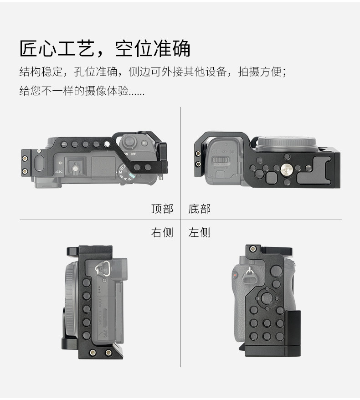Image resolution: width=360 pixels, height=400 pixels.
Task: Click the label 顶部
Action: coord(162,209)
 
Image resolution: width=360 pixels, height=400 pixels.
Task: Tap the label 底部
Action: coord(200,209)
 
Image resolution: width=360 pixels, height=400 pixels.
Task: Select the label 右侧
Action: coord(162,232)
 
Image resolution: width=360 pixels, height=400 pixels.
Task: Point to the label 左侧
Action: coord(200,232)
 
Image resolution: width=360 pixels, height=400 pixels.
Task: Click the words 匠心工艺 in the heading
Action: coord(57,48)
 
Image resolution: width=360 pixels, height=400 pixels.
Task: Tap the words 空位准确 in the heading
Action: coord(153,48)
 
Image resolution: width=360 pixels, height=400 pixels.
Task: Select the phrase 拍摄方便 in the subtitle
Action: coord(260,72)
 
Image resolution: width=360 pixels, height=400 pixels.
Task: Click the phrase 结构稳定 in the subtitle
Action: coord(41,72)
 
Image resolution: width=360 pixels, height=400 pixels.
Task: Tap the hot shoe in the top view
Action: coord(75,167)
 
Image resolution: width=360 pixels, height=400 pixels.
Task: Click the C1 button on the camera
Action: coord(144,143)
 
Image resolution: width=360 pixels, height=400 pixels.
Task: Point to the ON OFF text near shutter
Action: coord(130,154)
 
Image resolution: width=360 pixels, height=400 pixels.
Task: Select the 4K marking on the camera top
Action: coord(59,172)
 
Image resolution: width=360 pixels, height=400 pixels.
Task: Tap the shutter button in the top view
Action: coord(129,141)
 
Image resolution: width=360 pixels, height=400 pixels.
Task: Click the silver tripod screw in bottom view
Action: coord(286,169)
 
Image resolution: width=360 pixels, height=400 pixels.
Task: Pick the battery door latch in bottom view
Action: coord(221,160)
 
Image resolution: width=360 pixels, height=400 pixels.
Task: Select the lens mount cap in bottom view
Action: coord(287,144)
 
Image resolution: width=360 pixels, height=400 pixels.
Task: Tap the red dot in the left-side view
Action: coord(234,276)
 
